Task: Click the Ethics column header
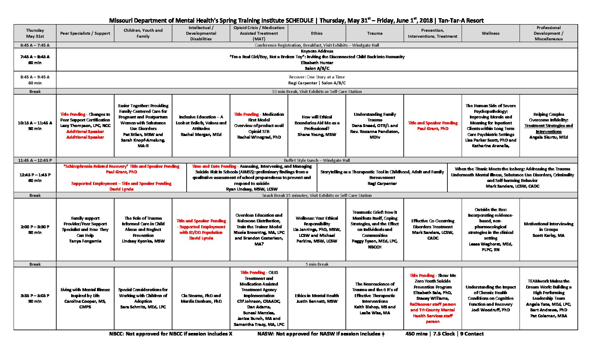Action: (x=317, y=33)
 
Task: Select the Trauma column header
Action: (x=375, y=33)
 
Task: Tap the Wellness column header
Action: (x=490, y=33)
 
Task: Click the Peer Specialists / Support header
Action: (x=85, y=33)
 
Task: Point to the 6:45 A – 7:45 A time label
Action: (x=35, y=45)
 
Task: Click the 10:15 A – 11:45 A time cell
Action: (x=35, y=126)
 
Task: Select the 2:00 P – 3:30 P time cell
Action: (x=35, y=230)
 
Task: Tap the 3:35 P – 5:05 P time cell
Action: (x=35, y=298)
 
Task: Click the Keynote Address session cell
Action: (x=317, y=60)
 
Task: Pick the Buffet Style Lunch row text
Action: (x=317, y=160)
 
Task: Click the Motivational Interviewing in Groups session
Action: (x=548, y=230)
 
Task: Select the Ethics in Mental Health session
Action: (x=317, y=298)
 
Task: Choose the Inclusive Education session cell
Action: (x=201, y=126)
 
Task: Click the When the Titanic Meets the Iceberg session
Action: (x=512, y=178)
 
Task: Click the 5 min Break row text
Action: (x=317, y=264)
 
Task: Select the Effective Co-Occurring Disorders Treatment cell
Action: (x=433, y=230)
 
